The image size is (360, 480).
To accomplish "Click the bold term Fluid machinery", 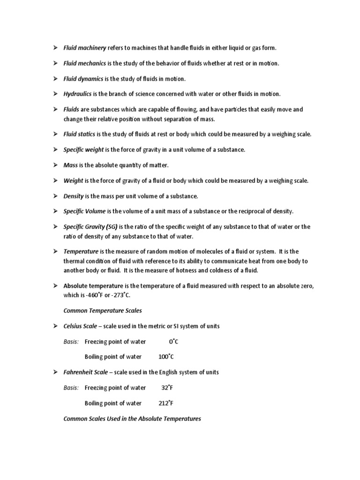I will point(85,48).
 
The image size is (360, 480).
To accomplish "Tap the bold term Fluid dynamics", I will point(83,79).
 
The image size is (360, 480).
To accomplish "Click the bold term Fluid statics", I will point(79,135).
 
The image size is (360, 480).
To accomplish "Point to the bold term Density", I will point(74,195).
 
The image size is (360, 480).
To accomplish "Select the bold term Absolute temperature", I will point(93,285).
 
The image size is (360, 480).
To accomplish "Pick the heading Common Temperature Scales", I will point(102,310).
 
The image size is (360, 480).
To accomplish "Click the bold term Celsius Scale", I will point(80,326).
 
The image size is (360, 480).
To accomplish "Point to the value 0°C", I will point(173,341).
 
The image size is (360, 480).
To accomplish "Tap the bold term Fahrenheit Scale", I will point(86,372).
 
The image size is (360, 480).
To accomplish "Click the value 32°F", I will point(167,388).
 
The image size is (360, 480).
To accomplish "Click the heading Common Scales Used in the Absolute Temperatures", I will point(132,419).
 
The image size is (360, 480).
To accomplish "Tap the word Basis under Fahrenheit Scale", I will point(71,388).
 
